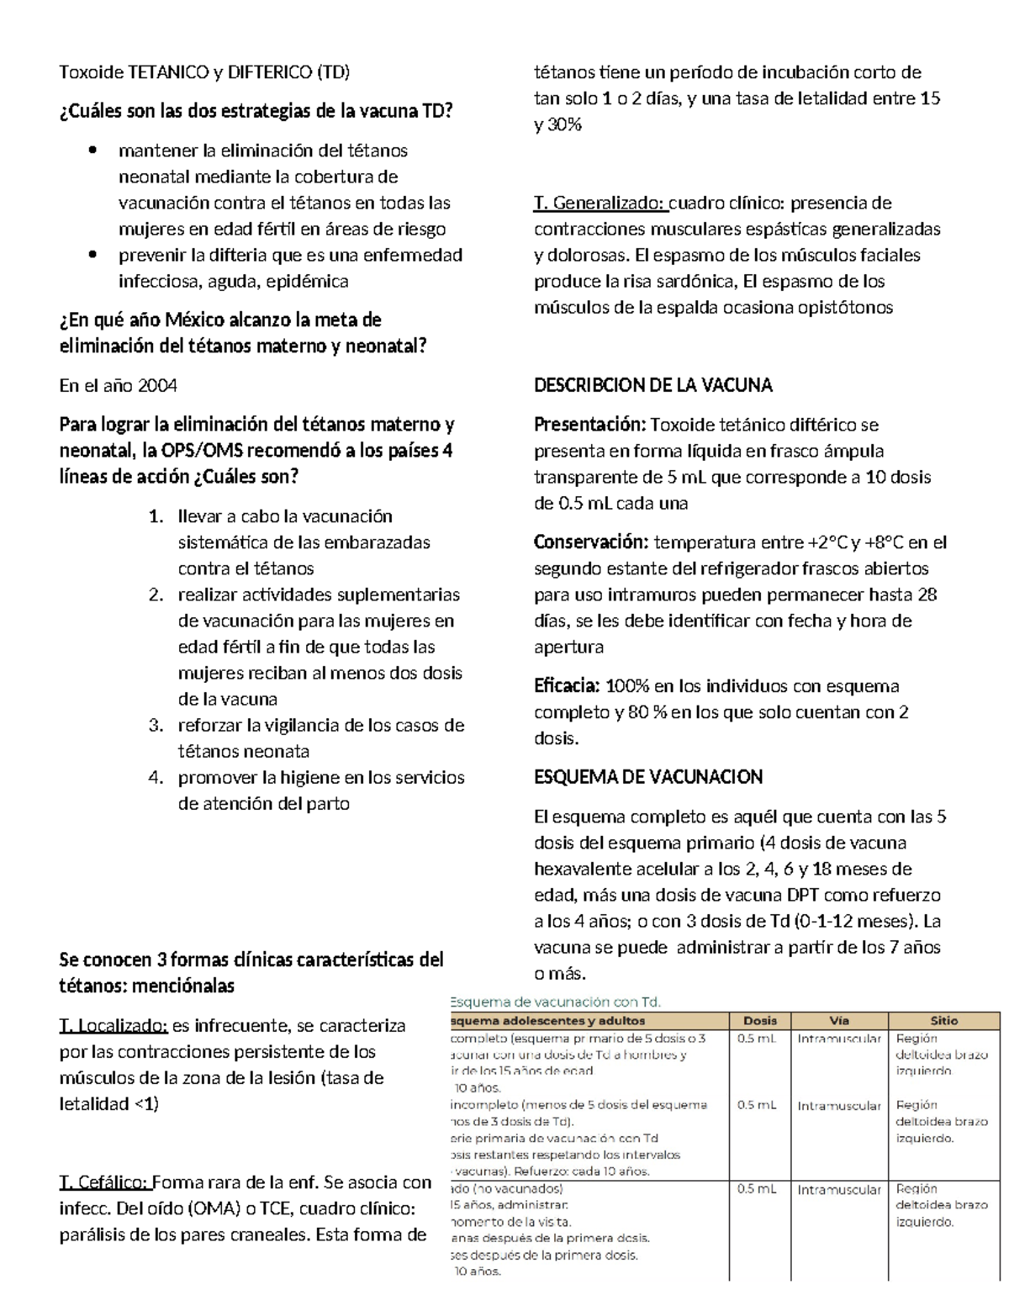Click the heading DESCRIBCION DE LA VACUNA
tap(653, 386)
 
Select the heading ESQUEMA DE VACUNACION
tap(648, 777)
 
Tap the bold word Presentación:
tap(589, 425)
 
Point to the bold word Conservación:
tap(591, 542)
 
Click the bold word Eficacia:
tap(567, 686)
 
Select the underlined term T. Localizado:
tap(114, 1026)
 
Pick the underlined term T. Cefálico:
tap(105, 1182)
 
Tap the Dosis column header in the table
tap(760, 1020)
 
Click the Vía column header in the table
tap(839, 1020)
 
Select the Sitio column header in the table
tap(943, 1020)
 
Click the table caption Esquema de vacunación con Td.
tap(556, 1002)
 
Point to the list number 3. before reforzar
tap(156, 726)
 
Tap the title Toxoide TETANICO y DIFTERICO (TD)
tap(204, 72)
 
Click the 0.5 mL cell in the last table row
tap(756, 1190)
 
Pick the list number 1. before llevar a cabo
tap(156, 516)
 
